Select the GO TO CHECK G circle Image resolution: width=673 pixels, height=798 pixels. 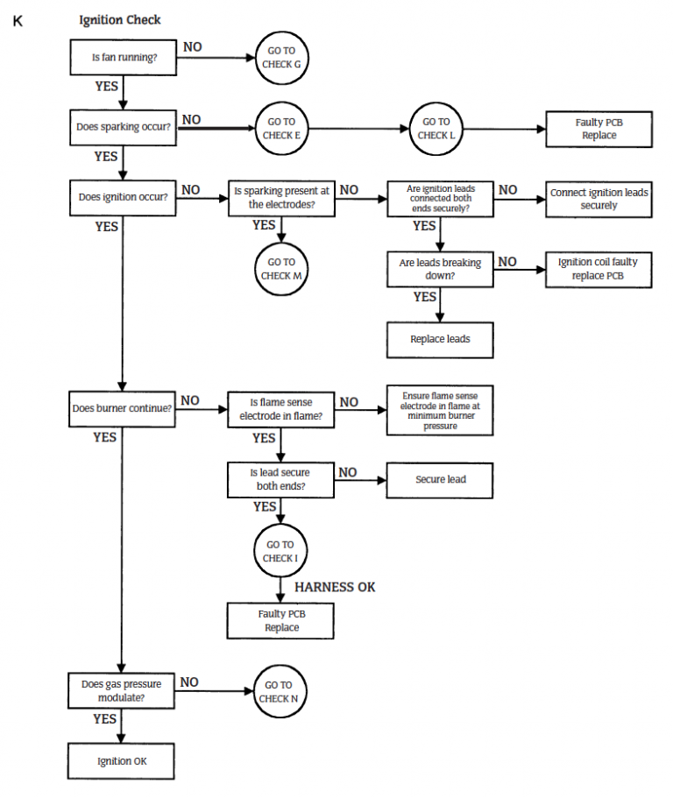(x=281, y=58)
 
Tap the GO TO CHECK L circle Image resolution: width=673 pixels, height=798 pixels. (x=436, y=129)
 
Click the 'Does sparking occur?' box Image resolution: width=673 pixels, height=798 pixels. (x=123, y=128)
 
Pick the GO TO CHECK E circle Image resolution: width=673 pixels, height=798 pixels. (x=281, y=129)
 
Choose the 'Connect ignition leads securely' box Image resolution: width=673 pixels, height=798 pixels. (x=599, y=199)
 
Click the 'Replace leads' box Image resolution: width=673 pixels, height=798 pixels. (x=440, y=339)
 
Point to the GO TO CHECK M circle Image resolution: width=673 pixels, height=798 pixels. (x=281, y=269)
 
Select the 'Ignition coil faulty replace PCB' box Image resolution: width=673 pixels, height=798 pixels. (x=599, y=269)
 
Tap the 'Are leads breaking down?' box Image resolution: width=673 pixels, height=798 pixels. (x=440, y=269)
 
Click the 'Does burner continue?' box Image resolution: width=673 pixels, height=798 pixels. (x=123, y=408)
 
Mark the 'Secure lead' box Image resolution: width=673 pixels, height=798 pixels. (x=440, y=479)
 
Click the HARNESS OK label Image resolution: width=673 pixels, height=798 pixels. (x=335, y=587)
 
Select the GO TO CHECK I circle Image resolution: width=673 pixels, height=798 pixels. (x=281, y=551)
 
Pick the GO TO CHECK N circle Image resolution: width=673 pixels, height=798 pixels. (x=281, y=691)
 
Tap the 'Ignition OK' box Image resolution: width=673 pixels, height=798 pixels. (x=123, y=761)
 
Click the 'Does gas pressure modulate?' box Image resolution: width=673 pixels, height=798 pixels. (x=123, y=691)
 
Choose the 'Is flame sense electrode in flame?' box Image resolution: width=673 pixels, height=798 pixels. (x=281, y=409)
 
